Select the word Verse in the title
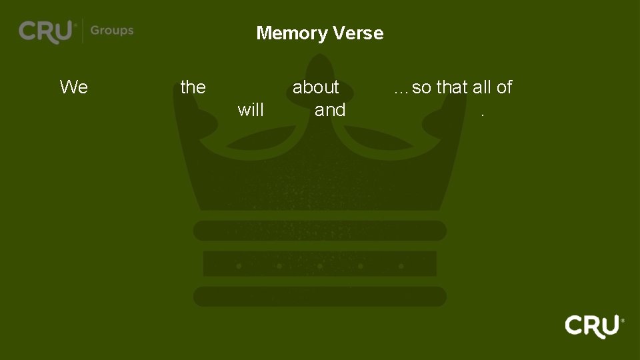(361, 33)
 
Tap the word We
(73, 87)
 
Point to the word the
(193, 87)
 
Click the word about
(316, 87)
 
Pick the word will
(251, 110)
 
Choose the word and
(330, 110)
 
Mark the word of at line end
(504, 87)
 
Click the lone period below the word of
(483, 114)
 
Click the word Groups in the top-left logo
(112, 31)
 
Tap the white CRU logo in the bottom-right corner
(592, 326)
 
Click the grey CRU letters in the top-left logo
(45, 31)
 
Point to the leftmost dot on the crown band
(239, 266)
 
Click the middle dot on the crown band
(320, 266)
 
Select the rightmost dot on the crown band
(401, 266)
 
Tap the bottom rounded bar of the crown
(320, 297)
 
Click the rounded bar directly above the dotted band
(320, 231)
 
